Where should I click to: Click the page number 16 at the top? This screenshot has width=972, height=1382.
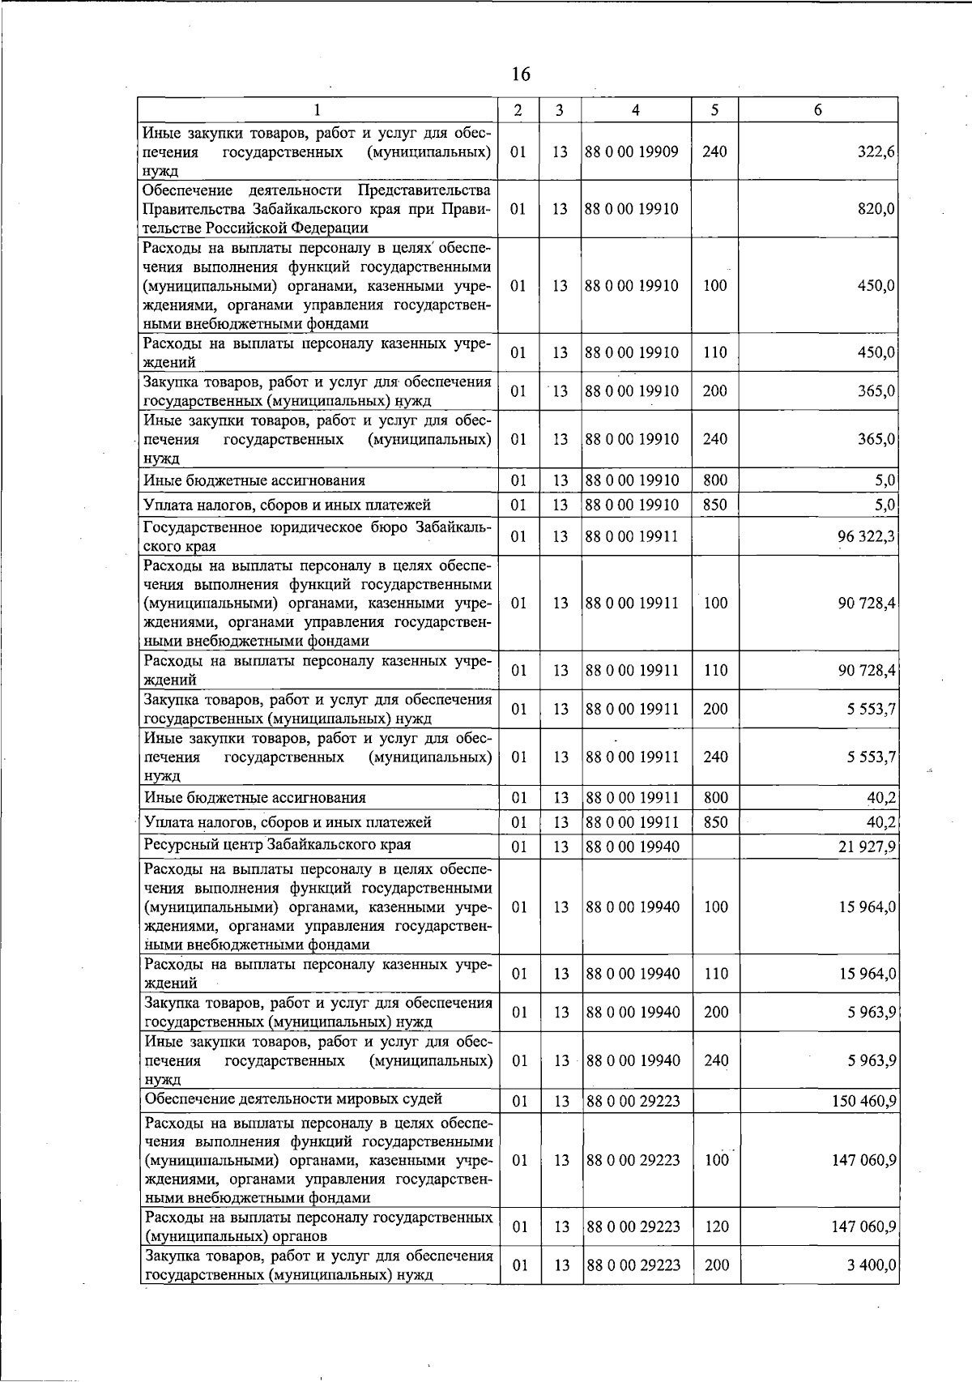pos(521,75)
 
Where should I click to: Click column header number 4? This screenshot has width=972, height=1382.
pos(636,110)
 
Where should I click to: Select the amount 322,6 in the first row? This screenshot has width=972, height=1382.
pos(876,151)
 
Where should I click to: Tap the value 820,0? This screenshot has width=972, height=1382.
pos(876,209)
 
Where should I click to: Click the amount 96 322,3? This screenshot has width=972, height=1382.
pos(866,536)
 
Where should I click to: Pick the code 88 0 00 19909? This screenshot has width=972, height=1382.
pos(632,151)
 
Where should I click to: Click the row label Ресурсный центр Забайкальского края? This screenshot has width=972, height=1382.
pos(277,845)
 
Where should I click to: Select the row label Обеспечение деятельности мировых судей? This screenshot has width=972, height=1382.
pos(293,1099)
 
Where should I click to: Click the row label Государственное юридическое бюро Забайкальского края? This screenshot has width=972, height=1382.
pos(317,536)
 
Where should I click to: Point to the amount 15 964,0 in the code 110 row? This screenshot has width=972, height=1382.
pos(868,974)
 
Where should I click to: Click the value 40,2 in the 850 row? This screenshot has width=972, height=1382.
pos(880,822)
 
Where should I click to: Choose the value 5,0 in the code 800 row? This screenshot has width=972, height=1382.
pos(885,480)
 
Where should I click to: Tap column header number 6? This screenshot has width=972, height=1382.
pos(818,110)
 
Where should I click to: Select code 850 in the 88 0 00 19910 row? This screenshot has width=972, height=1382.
pos(715,505)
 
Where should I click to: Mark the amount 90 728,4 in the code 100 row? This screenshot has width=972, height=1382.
pos(867,603)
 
